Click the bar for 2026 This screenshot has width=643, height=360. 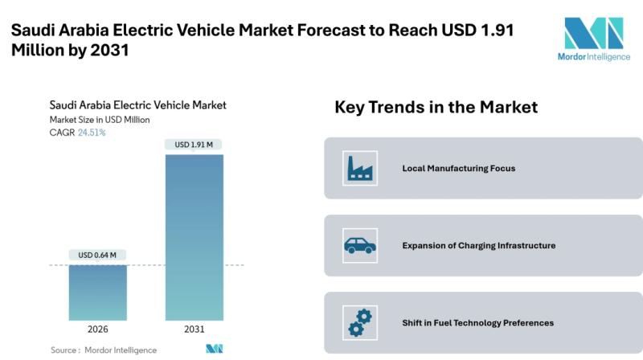(97, 292)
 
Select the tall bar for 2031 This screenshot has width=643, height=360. (194, 237)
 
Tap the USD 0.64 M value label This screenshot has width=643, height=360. (97, 256)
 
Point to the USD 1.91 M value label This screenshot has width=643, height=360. (194, 145)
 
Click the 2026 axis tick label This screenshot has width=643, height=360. (97, 330)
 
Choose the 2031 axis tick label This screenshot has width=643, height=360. (194, 330)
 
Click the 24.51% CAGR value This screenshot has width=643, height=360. (92, 133)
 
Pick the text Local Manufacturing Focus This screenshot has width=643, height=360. (459, 169)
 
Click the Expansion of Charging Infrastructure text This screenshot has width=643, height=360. (479, 245)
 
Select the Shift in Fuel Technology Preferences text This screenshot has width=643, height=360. (478, 322)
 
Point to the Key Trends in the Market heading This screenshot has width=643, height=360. (436, 107)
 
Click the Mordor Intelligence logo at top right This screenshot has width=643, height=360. (593, 39)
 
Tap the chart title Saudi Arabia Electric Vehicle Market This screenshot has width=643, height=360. (138, 104)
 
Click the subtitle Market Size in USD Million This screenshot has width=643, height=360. (100, 120)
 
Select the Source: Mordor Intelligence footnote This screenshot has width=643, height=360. (104, 350)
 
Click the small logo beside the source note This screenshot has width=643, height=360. (214, 350)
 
